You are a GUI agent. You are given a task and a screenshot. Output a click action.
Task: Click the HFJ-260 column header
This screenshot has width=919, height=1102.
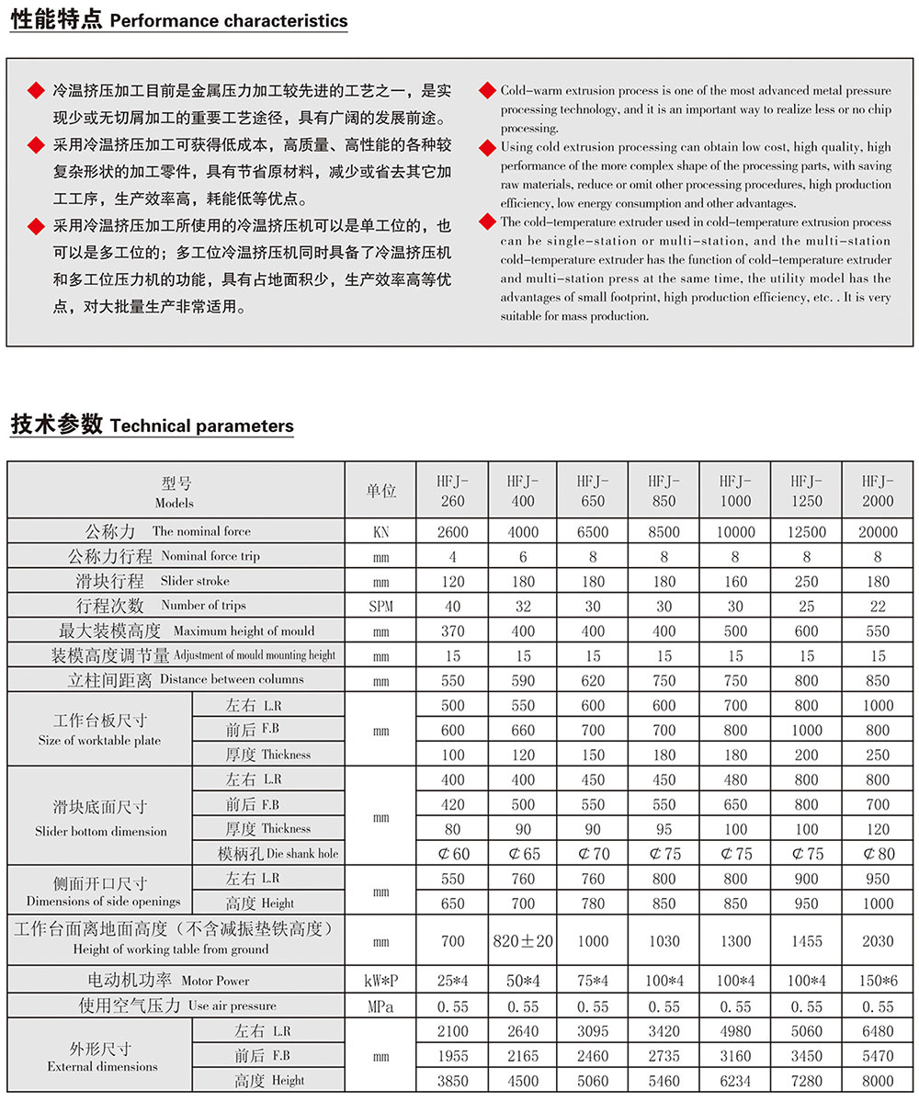453,491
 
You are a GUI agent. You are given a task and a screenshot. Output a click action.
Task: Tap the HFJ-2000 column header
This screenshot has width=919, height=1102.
878,491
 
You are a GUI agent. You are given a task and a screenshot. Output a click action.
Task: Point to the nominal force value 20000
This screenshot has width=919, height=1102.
878,532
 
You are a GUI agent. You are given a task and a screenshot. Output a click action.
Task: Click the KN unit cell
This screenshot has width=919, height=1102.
381,532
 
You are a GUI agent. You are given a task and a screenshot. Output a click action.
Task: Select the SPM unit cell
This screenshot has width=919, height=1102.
381,607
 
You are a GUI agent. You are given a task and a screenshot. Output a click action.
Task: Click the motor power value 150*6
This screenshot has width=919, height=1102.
878,982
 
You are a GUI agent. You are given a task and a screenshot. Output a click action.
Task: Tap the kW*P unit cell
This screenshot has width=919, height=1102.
381,982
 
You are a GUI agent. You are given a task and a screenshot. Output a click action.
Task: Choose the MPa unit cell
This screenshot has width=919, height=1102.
381,1006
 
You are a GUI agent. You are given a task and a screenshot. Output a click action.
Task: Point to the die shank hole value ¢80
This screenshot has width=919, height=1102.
878,853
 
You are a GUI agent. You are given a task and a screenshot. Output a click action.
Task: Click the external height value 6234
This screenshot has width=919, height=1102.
735,1081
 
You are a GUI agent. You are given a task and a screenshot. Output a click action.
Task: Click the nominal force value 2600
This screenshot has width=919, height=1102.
453,532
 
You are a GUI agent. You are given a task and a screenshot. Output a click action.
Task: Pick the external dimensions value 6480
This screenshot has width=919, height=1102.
878,1031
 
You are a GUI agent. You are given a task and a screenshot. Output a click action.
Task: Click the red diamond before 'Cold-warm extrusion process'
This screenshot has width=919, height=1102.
487,90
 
